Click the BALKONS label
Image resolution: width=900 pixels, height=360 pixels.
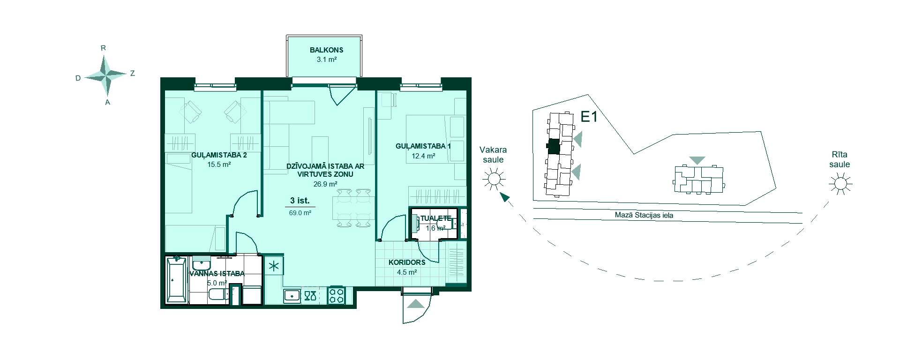coord(326,50)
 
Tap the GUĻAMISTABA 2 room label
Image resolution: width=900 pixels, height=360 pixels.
coord(219,155)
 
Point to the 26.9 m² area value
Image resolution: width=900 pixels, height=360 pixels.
coord(326,184)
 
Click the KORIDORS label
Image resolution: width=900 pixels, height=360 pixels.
coord(407,262)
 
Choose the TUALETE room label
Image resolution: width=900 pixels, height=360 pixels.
coord(435,218)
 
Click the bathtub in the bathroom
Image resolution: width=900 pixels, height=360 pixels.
coord(177,280)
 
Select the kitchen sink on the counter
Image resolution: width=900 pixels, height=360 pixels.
coord(292,296)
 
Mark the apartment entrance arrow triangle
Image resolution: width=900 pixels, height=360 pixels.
coord(416,304)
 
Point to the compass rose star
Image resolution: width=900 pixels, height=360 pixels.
coord(106,75)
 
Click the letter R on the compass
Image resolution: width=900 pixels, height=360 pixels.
coord(104,48)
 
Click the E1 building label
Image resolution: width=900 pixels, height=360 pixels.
coord(589,117)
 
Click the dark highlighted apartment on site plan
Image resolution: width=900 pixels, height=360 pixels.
coord(554,147)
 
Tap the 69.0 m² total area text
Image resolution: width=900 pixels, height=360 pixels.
coord(300,212)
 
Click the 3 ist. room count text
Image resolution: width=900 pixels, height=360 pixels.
coord(300,201)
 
